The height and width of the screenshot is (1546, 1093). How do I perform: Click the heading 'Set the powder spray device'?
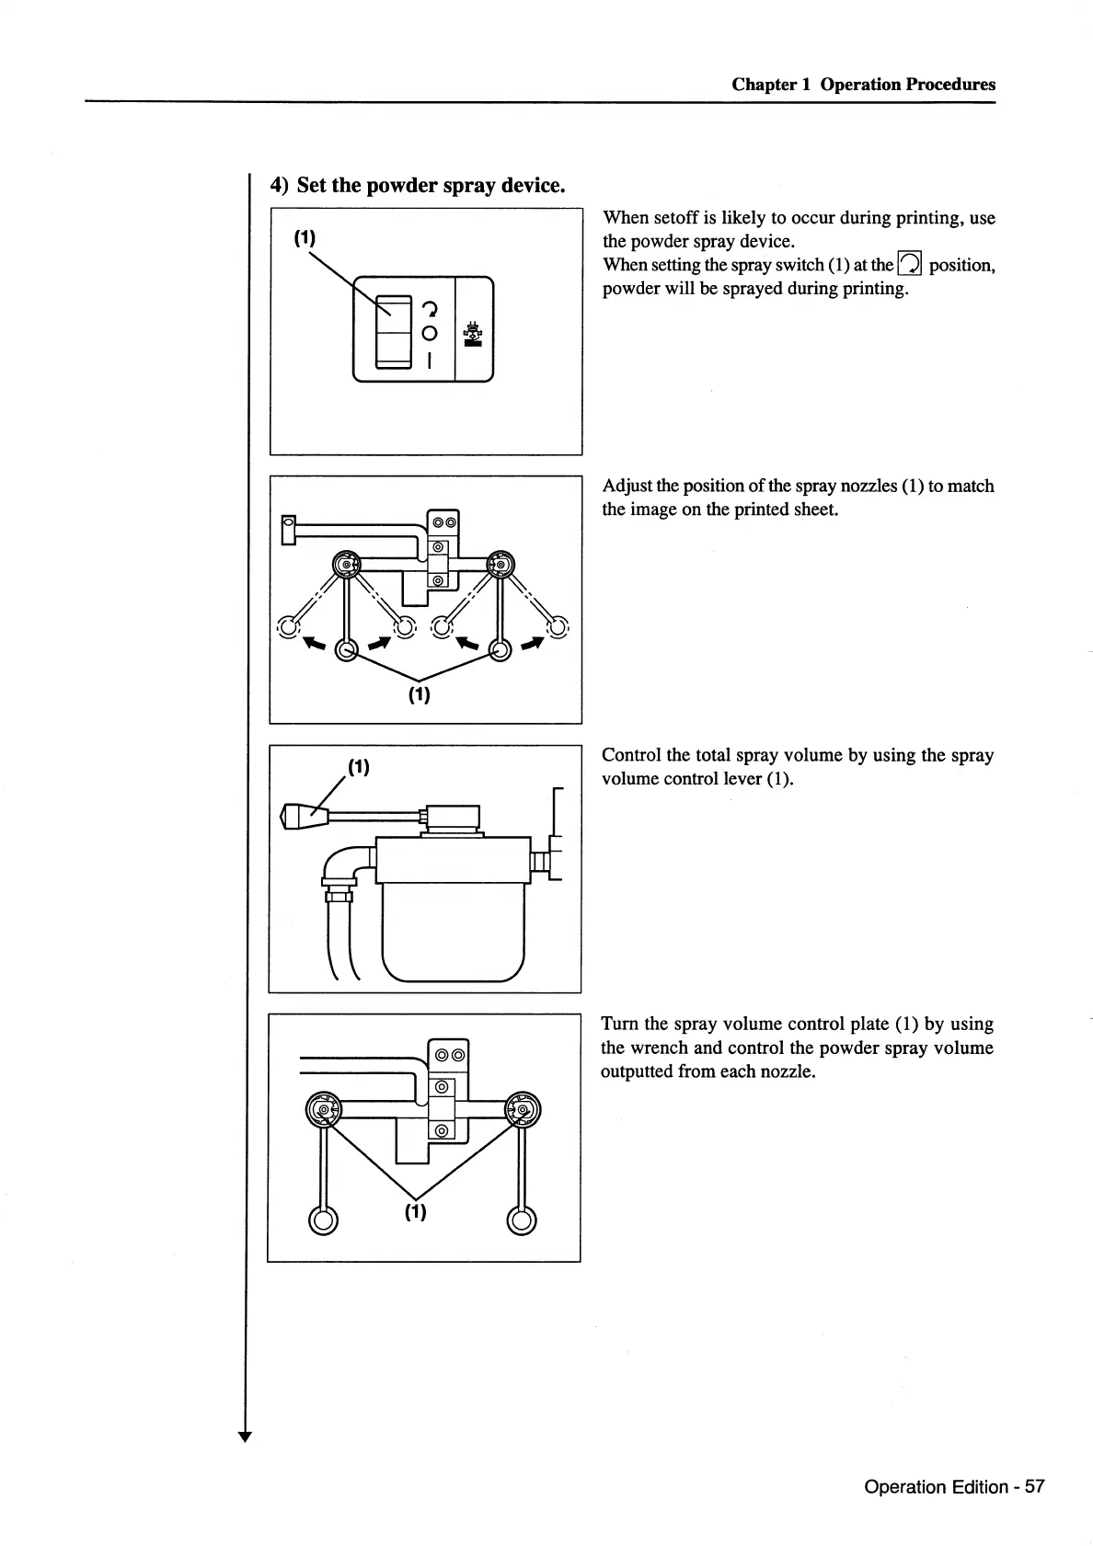(x=430, y=185)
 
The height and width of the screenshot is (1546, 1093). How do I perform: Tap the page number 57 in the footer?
(x=1034, y=1486)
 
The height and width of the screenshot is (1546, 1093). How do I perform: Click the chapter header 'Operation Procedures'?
(x=907, y=85)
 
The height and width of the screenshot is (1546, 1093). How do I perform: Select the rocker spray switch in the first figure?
(x=393, y=330)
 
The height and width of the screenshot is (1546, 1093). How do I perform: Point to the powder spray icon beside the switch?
(x=474, y=333)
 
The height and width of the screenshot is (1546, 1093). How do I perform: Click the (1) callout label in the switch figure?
(x=305, y=238)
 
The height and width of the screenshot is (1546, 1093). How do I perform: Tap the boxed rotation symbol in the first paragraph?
(x=910, y=265)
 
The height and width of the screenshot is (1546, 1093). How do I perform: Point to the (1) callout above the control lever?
(x=358, y=767)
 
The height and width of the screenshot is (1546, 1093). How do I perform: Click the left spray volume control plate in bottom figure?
(x=323, y=1111)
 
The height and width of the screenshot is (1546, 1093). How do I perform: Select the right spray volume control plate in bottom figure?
(x=523, y=1111)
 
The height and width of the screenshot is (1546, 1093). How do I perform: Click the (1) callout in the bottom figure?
(x=416, y=1211)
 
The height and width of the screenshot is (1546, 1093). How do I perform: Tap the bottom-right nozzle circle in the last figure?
(x=522, y=1220)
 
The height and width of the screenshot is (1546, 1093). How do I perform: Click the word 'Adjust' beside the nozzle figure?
(x=627, y=486)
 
